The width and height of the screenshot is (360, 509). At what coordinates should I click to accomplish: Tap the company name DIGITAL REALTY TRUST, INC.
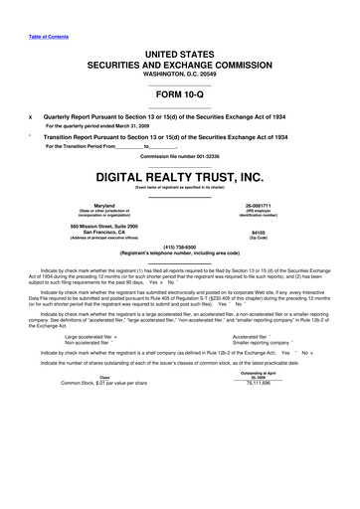(x=180, y=176)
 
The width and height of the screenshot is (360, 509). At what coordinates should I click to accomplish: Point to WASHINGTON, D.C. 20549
(x=180, y=73)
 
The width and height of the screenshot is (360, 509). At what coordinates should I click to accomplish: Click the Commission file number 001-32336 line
(x=180, y=156)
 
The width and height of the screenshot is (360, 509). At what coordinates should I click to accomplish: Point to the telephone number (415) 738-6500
(x=180, y=249)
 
